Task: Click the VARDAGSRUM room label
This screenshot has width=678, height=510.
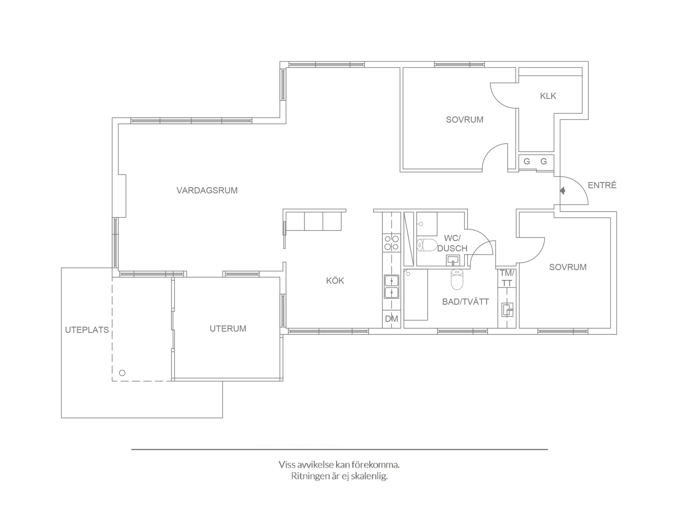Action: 207,191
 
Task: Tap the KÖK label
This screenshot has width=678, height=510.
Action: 335,281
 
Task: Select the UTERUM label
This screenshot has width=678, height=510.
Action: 228,329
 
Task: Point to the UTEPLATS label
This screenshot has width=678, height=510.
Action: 87,330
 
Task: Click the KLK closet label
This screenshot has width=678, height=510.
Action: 548,96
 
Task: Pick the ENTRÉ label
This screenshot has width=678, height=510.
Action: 602,185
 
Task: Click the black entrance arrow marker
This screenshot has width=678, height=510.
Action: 562,191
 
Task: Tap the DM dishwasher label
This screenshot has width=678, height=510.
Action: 391,319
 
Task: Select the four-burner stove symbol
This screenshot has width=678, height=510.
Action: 391,242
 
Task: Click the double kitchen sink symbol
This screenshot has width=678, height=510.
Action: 391,287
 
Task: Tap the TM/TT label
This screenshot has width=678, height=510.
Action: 507,278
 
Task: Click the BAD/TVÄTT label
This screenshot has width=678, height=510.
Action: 465,302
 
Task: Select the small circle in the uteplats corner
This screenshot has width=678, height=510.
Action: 122,373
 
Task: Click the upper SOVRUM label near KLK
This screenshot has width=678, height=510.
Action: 464,120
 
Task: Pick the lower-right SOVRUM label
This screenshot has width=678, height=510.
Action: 568,267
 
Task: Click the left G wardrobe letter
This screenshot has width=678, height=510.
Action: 527,161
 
